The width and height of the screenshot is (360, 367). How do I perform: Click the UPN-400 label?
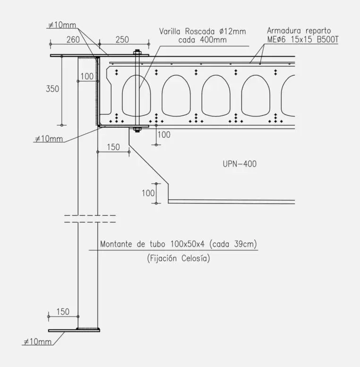coord(240,164)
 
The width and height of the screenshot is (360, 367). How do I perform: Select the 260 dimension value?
coord(73,40)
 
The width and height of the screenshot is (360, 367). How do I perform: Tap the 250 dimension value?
coord(122,40)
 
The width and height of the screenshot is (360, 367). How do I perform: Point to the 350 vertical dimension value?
coord(52,89)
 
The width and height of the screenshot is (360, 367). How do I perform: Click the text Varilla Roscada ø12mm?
coord(202,31)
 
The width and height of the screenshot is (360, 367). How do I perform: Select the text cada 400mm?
coord(202,40)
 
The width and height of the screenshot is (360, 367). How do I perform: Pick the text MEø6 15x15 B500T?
coord(303,39)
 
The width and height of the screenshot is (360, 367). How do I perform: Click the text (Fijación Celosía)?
coord(179,258)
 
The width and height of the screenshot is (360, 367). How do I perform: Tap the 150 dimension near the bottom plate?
coord(63,312)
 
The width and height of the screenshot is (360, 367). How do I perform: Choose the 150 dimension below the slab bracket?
coord(113,147)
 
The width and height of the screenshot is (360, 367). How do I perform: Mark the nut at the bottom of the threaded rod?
coord(137,129)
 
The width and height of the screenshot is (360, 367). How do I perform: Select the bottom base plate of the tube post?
coord(74,330)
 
